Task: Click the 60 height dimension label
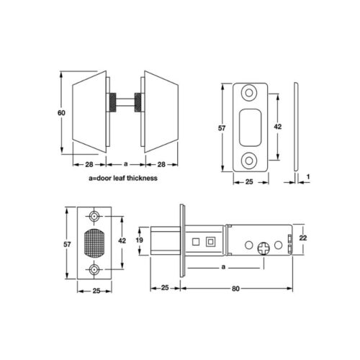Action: click(61, 112)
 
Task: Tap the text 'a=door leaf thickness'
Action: click(123, 178)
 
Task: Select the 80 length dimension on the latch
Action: click(235, 289)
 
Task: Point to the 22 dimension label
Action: click(303, 238)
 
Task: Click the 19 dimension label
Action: click(140, 240)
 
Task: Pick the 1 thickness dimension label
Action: click(308, 176)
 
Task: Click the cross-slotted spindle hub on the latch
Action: click(264, 248)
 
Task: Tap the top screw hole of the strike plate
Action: click(249, 93)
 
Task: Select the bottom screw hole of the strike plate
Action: click(249, 161)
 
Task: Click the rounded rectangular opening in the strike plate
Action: click(251, 127)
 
